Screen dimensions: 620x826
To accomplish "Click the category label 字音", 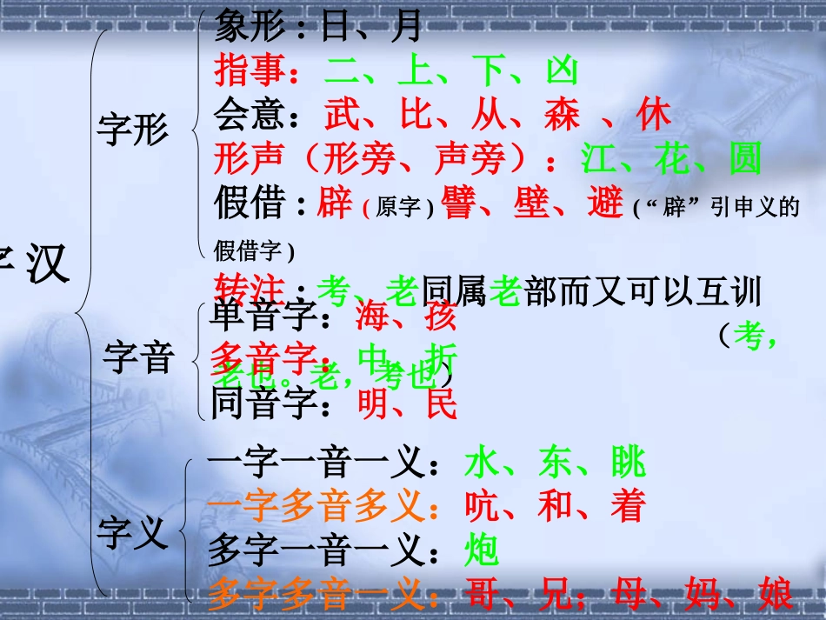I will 138,357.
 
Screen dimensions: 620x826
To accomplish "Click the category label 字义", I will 132,533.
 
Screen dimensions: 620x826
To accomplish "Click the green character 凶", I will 562,71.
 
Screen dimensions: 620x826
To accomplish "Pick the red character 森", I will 562,115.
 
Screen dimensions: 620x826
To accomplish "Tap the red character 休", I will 654,115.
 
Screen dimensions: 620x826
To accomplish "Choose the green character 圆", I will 744,158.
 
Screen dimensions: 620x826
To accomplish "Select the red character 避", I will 605,203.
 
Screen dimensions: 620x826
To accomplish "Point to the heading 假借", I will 250,203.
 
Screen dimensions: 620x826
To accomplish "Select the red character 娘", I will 775,596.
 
